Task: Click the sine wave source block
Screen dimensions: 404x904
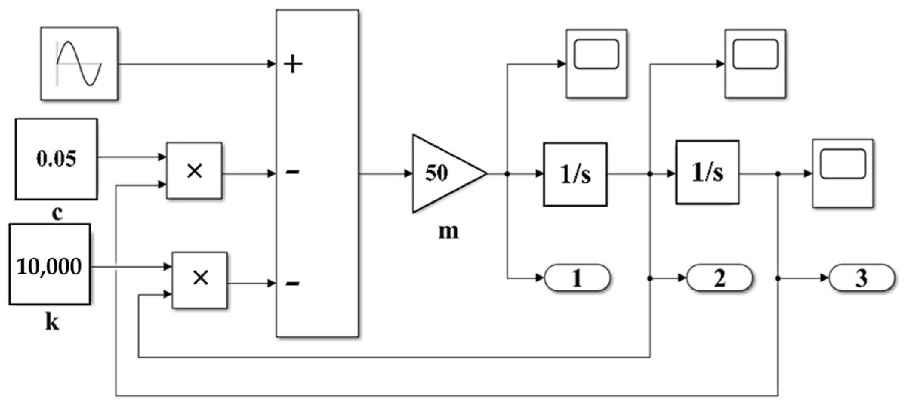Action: point(79,63)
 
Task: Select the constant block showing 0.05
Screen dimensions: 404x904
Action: point(56,159)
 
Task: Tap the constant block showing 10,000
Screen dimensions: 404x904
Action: point(49,265)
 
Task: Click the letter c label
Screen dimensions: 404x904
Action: point(57,213)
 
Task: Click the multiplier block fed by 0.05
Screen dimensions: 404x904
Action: point(194,171)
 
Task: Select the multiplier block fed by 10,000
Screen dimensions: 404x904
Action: point(200,280)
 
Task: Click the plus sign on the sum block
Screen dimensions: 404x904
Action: point(293,64)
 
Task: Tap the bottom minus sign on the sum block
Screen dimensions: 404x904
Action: point(293,283)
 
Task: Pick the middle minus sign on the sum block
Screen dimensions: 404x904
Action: point(293,173)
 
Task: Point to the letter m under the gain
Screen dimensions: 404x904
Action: point(448,231)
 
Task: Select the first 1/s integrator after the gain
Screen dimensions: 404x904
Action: point(575,174)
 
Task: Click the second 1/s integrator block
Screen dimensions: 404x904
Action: point(707,172)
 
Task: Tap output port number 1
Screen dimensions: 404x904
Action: point(577,278)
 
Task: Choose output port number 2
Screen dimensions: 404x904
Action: point(719,278)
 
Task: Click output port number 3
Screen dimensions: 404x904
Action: point(861,278)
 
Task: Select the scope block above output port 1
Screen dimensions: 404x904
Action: point(596,63)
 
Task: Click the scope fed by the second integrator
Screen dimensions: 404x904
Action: point(842,173)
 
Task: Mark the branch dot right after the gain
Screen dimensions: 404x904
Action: point(507,174)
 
